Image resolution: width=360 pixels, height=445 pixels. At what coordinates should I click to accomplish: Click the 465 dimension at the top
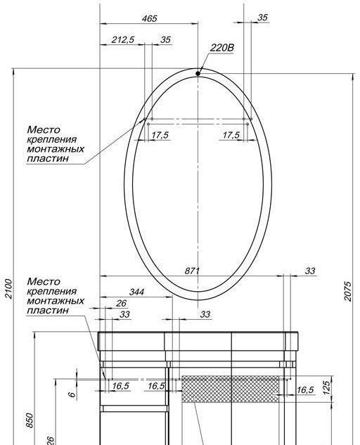click(150, 18)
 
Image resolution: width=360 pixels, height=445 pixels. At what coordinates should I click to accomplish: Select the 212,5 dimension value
click(122, 40)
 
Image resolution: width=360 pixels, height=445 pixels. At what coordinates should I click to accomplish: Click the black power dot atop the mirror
click(198, 72)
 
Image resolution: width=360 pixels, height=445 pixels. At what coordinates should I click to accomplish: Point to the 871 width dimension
click(193, 271)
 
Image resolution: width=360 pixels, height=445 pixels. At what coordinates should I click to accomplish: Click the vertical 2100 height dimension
click(8, 289)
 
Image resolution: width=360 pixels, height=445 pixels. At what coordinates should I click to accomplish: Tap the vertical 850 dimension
click(30, 420)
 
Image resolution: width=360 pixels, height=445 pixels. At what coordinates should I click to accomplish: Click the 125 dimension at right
click(326, 387)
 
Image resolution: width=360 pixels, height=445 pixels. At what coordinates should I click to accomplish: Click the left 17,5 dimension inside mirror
click(160, 135)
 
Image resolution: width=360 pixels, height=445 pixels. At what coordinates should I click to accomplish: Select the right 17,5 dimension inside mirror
click(231, 135)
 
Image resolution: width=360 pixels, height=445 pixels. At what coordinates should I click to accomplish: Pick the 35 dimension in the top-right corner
click(262, 18)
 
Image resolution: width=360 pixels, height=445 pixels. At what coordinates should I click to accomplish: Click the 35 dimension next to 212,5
click(165, 40)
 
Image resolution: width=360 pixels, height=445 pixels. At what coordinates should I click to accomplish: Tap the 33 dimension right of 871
click(310, 271)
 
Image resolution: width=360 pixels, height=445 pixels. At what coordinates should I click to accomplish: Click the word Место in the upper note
click(44, 130)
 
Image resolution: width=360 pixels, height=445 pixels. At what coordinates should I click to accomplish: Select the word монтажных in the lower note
click(56, 300)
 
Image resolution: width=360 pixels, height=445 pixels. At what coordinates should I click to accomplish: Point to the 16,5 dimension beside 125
click(304, 389)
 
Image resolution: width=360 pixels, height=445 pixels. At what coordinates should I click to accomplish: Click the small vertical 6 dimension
click(71, 395)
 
